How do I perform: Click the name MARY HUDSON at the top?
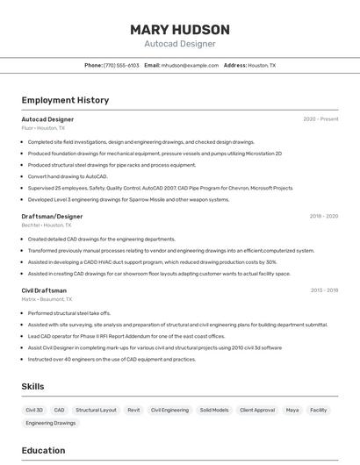(x=180, y=29)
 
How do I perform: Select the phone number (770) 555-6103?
(x=121, y=65)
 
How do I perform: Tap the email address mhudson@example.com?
(x=190, y=65)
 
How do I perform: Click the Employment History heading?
(x=65, y=100)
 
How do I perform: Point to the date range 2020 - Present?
(x=320, y=119)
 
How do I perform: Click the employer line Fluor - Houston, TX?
(x=43, y=128)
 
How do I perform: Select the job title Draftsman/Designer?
(x=52, y=216)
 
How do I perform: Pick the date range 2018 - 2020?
(x=323, y=216)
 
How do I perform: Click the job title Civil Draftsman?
(x=44, y=290)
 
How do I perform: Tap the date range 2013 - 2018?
(x=323, y=290)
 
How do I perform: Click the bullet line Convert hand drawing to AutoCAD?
(x=74, y=176)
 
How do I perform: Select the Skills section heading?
(x=32, y=386)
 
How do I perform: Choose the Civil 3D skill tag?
(x=34, y=410)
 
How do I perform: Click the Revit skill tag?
(x=133, y=410)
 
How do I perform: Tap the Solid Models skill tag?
(x=214, y=410)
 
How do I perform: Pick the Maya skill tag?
(x=292, y=410)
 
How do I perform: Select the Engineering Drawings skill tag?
(x=51, y=423)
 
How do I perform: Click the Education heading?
(x=43, y=450)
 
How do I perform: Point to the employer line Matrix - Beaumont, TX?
(x=47, y=299)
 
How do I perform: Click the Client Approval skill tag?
(x=257, y=410)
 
